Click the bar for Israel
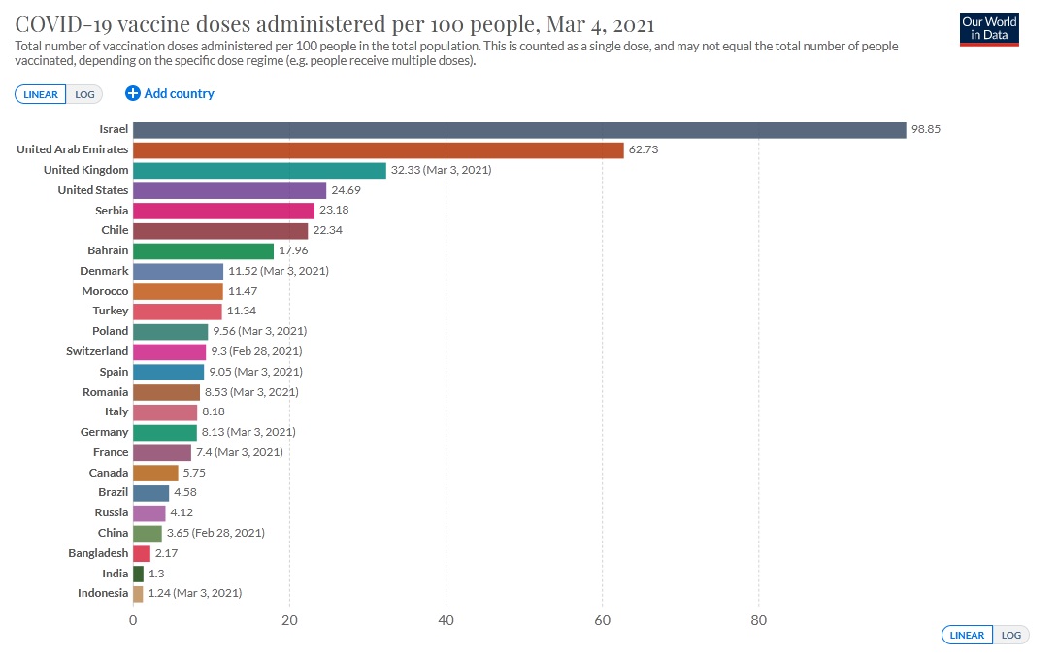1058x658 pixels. click(x=519, y=130)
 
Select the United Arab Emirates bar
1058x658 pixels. click(x=378, y=150)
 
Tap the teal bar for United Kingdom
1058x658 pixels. click(x=259, y=170)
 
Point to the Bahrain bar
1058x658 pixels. click(x=203, y=250)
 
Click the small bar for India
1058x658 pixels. click(x=138, y=574)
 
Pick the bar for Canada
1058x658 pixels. click(x=155, y=473)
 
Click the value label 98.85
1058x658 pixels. click(x=927, y=130)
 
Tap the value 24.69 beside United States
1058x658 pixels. click(x=347, y=190)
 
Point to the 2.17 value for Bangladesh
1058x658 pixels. click(x=166, y=553)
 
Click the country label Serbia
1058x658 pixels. click(x=111, y=211)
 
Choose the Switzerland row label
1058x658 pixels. click(x=97, y=351)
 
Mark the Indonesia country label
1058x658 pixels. click(x=103, y=593)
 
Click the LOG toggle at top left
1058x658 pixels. click(x=86, y=94)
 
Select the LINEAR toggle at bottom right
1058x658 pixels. click(x=967, y=635)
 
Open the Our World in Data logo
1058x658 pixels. click(x=988, y=28)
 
